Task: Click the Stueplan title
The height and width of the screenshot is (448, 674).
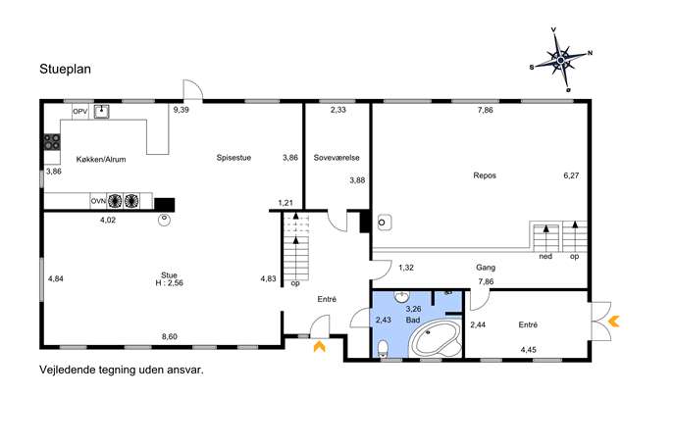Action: [x=66, y=70]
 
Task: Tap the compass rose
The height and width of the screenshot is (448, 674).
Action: [x=561, y=61]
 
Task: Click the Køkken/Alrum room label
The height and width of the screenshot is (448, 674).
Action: [x=101, y=160]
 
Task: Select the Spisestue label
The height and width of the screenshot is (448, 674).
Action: [x=233, y=158]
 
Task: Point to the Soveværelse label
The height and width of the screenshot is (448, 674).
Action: [x=337, y=158]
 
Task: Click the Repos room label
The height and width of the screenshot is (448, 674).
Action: [x=485, y=175]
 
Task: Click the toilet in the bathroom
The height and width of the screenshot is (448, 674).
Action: [x=383, y=349]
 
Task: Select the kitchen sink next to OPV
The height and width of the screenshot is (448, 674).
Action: [x=101, y=112]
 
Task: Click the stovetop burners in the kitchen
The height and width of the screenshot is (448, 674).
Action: [x=52, y=142]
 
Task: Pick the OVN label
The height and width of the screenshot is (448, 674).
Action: [x=98, y=201]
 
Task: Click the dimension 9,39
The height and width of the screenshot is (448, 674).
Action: [x=181, y=110]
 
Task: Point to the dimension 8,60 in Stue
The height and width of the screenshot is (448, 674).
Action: [x=170, y=336]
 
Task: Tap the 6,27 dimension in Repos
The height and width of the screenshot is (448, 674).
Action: [x=571, y=175]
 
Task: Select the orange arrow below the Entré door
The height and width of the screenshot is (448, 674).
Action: [x=320, y=347]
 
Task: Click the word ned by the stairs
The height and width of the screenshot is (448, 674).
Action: [x=545, y=257]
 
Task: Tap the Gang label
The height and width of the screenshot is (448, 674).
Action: [x=486, y=268]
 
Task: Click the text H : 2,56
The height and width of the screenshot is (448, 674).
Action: [x=170, y=283]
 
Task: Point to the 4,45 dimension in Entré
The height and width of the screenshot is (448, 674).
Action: [x=528, y=350]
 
